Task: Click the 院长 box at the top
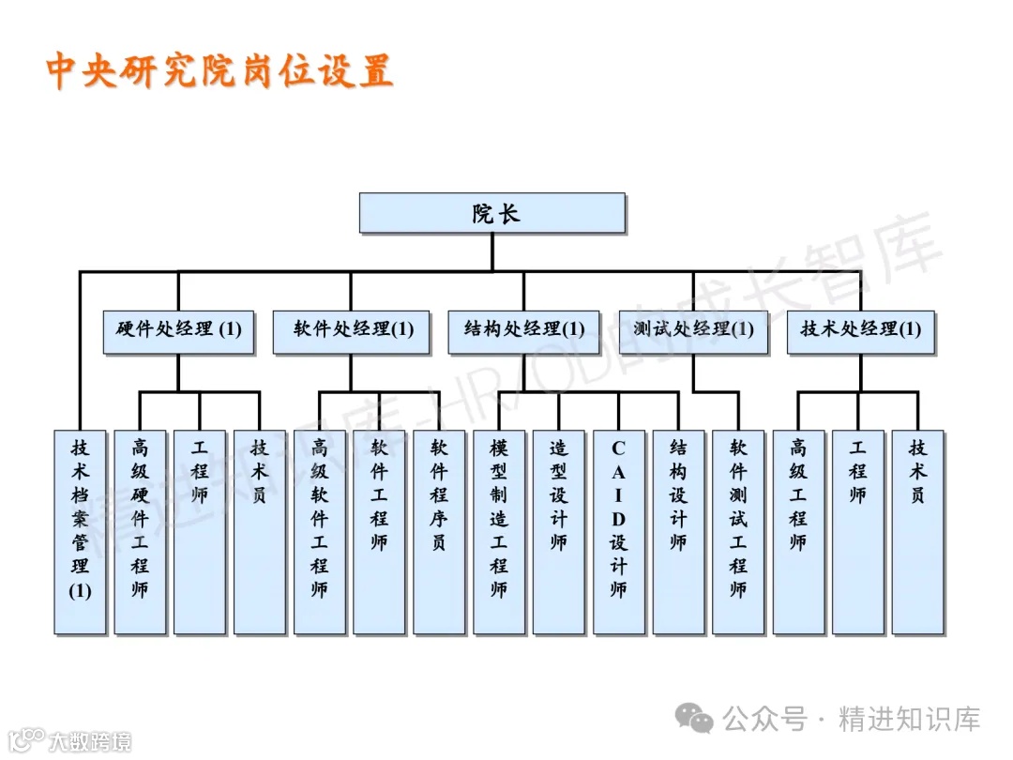coord(491,213)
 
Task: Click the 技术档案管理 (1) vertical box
coord(80,531)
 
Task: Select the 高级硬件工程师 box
coord(140,531)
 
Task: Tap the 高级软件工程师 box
coord(319,531)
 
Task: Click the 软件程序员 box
coord(439,531)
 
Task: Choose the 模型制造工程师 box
coord(498,531)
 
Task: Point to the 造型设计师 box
coord(559,531)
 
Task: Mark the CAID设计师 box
coord(618,531)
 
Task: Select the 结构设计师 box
coord(678,531)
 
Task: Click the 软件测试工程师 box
coord(738,531)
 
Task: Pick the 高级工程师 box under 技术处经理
coord(798,531)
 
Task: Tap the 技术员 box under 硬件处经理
coord(259,531)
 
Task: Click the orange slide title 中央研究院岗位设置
coord(219,71)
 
